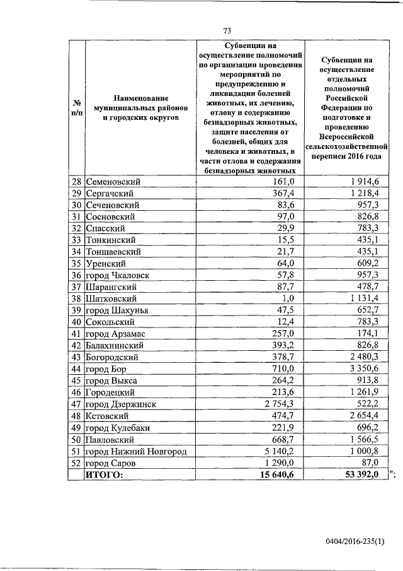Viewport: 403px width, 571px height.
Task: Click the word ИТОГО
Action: pyautogui.click(x=105, y=474)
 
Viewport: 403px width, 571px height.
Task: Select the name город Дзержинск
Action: pyautogui.click(x=120, y=403)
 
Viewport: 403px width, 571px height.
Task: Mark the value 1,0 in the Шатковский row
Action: pyautogui.click(x=288, y=298)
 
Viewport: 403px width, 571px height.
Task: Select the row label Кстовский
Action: pyautogui.click(x=108, y=415)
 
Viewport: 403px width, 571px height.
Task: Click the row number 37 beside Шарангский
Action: pyautogui.click(x=76, y=286)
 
